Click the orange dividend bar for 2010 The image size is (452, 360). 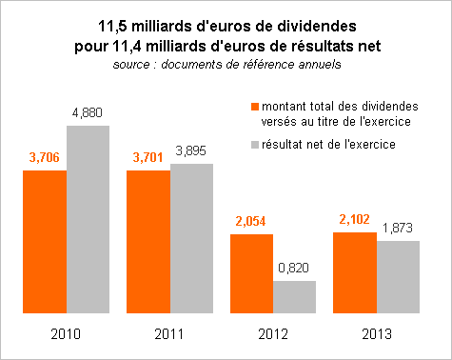(45, 242)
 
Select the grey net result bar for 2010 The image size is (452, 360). (88, 219)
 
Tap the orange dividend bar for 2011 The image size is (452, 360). (148, 242)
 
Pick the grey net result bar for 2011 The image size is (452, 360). (191, 238)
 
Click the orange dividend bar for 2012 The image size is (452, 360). (252, 273)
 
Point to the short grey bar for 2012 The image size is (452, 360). (294, 297)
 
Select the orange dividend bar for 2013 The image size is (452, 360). (355, 272)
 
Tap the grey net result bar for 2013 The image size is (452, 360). (398, 277)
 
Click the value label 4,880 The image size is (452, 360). (88, 113)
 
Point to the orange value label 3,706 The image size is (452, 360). (45, 157)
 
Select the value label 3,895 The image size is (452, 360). (191, 150)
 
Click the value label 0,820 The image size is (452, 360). (293, 268)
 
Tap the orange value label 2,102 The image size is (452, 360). (354, 219)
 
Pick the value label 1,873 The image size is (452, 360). (398, 228)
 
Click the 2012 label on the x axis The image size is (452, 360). (273, 334)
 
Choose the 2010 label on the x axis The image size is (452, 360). (66, 334)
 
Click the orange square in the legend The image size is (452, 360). (255, 107)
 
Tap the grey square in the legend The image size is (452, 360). (255, 145)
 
